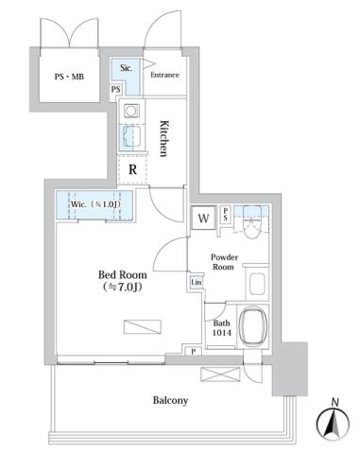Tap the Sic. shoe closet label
(x=126, y=69)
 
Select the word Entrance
(x=164, y=75)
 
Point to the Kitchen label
(x=163, y=138)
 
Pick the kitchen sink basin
(x=129, y=138)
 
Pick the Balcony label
(x=171, y=400)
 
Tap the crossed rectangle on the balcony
(x=215, y=374)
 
